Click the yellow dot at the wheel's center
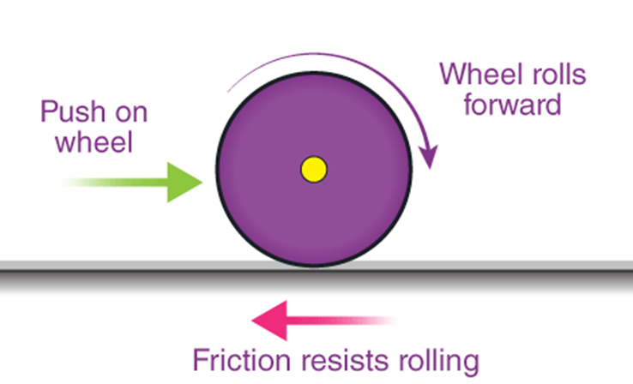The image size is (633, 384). point(314,169)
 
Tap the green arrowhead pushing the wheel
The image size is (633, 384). point(185,182)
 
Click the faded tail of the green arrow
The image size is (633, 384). point(77,182)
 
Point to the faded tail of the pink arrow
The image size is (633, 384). point(377,322)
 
